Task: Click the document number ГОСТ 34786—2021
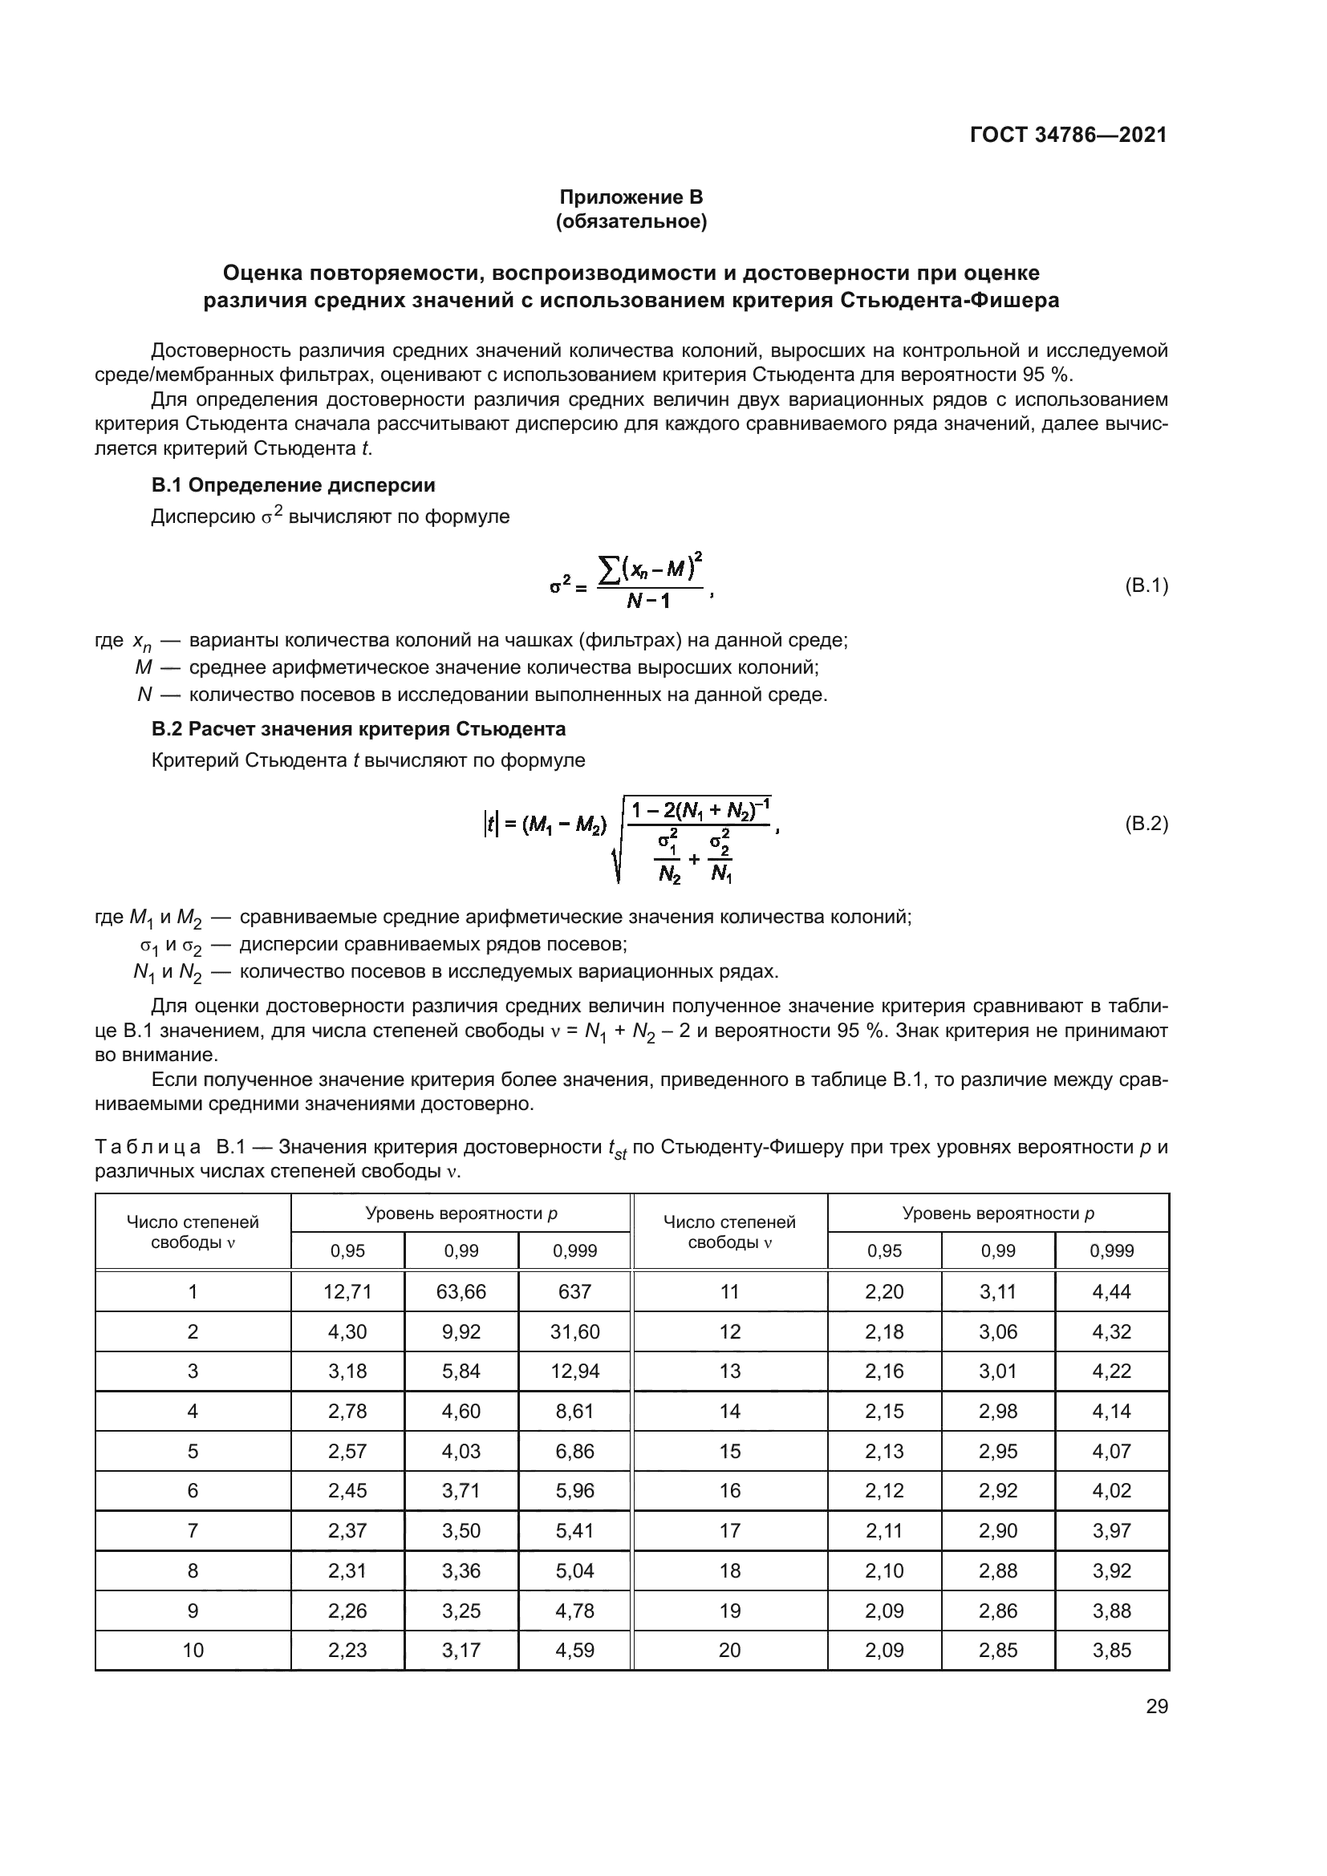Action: point(1068,135)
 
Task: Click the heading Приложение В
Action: point(631,197)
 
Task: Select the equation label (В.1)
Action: point(1146,585)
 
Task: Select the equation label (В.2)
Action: point(1146,824)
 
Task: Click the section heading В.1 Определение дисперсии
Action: point(294,485)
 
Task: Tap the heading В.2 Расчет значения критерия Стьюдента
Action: point(359,728)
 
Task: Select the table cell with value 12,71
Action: point(347,1292)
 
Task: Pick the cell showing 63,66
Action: point(461,1292)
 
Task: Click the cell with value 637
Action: point(574,1292)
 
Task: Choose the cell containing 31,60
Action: point(574,1332)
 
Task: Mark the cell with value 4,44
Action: point(1111,1292)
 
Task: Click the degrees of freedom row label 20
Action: point(729,1650)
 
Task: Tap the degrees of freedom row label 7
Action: point(193,1530)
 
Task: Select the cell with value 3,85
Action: point(1111,1650)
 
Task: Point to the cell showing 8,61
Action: point(574,1411)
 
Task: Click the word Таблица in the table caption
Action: point(148,1147)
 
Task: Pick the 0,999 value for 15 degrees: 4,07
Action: point(1111,1451)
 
